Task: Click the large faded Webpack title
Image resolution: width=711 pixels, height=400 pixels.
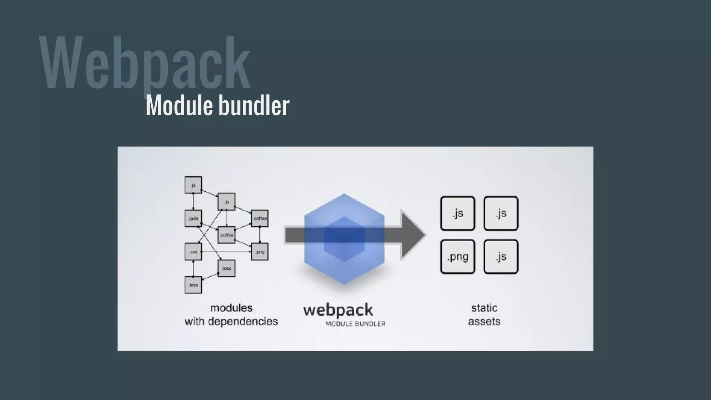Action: (x=144, y=62)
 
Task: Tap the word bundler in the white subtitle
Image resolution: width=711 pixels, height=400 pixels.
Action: (x=254, y=106)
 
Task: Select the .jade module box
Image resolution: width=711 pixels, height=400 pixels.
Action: (x=193, y=218)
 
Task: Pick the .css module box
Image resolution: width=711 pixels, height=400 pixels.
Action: (x=193, y=252)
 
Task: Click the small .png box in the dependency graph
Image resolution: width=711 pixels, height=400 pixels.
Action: (x=260, y=252)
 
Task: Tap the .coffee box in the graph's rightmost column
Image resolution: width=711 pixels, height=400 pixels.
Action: (x=260, y=218)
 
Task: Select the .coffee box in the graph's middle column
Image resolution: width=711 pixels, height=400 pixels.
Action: (x=226, y=235)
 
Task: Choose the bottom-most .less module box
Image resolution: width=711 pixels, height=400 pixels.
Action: (x=193, y=285)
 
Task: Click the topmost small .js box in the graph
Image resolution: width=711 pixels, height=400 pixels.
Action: (x=193, y=185)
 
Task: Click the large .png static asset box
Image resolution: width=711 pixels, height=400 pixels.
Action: (x=458, y=257)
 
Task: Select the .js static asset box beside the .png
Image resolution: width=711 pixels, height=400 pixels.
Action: (x=501, y=257)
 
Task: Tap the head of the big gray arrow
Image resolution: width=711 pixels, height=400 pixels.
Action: (x=413, y=235)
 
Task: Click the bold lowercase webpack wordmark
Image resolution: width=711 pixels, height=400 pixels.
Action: (x=338, y=310)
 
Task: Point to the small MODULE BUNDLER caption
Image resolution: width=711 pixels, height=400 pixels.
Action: (x=355, y=324)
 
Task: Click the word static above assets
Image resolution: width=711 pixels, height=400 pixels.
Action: (x=484, y=308)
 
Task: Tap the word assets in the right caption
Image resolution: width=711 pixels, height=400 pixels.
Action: (x=484, y=322)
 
